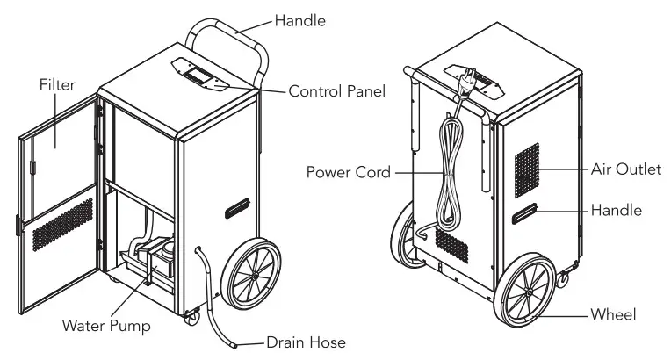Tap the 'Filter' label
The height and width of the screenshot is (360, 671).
point(57,85)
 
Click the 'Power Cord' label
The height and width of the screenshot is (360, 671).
point(346,171)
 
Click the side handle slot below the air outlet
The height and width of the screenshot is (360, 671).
point(525,214)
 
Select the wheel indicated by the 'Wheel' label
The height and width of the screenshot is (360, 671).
point(528,291)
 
